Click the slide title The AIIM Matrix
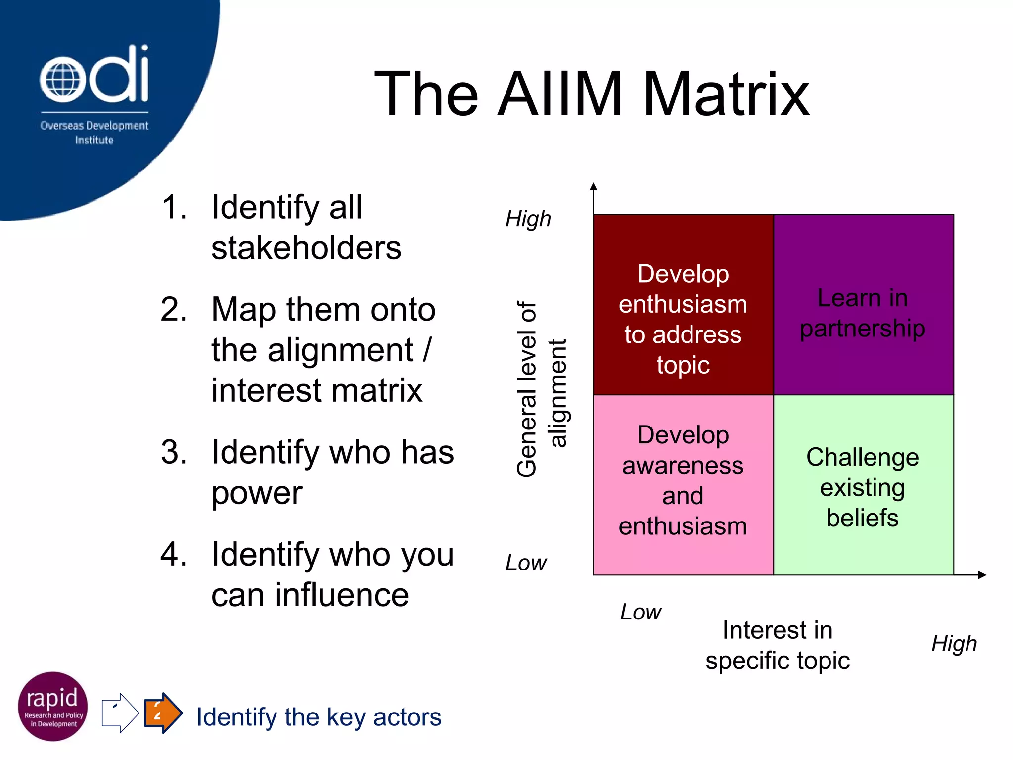(592, 94)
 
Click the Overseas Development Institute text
(94, 133)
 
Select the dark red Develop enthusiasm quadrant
(683, 305)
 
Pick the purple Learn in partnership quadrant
(863, 305)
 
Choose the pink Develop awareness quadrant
(683, 485)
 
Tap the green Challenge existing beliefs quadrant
(863, 485)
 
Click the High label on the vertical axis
(528, 219)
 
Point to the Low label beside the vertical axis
(526, 563)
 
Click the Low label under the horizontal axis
(641, 612)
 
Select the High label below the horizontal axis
(954, 643)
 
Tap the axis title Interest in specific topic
(778, 645)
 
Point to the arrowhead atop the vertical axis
(594, 187)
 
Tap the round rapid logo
(53, 707)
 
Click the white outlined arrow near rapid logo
(120, 713)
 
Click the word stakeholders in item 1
(306, 248)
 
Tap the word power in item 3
(257, 493)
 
